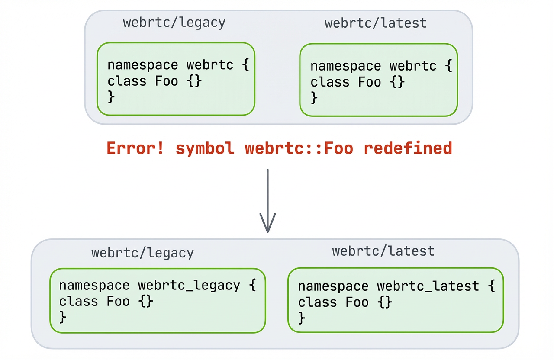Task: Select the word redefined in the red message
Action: pos(408,148)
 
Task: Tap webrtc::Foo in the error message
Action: pos(299,148)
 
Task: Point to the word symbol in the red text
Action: pos(205,148)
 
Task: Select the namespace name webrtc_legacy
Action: pos(189,286)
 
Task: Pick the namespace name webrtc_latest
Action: pos(428,286)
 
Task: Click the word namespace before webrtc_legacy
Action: pos(94,286)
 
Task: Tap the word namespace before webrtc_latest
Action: pos(333,286)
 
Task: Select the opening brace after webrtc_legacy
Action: pos(252,286)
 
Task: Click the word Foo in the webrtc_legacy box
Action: pos(118,301)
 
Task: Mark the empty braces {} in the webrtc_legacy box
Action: pos(147,301)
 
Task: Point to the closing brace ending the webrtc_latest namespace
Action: pos(302,318)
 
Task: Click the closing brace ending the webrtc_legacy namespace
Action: pos(63,317)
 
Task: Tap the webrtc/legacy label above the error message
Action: pos(174,22)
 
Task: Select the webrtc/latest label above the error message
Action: pos(376,23)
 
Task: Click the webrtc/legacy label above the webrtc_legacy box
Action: pos(142,253)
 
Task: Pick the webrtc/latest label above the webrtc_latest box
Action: pos(383,251)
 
